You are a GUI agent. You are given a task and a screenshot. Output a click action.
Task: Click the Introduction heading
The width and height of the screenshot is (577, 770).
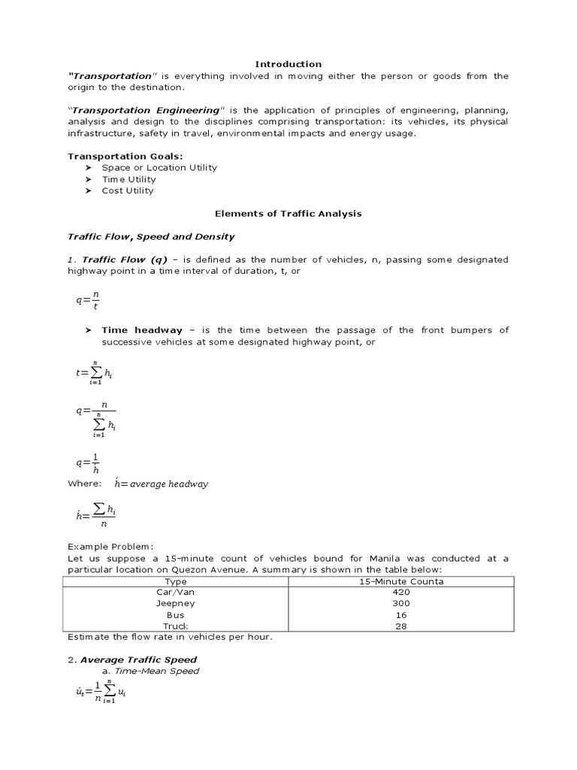pyautogui.click(x=288, y=65)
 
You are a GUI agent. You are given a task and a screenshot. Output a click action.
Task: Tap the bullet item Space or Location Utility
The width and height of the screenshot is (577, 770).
pyautogui.click(x=159, y=168)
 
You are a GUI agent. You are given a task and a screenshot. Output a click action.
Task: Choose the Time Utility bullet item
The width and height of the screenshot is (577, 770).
pyautogui.click(x=128, y=179)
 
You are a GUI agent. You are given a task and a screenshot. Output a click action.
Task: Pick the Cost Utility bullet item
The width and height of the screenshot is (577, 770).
pyautogui.click(x=128, y=190)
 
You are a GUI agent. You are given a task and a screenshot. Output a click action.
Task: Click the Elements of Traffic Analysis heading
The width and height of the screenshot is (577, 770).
pyautogui.click(x=288, y=214)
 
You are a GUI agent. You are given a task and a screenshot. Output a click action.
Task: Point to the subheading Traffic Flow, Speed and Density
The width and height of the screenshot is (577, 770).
pyautogui.click(x=152, y=236)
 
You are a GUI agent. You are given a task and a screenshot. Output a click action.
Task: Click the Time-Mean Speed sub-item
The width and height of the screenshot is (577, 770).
pyautogui.click(x=162, y=671)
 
